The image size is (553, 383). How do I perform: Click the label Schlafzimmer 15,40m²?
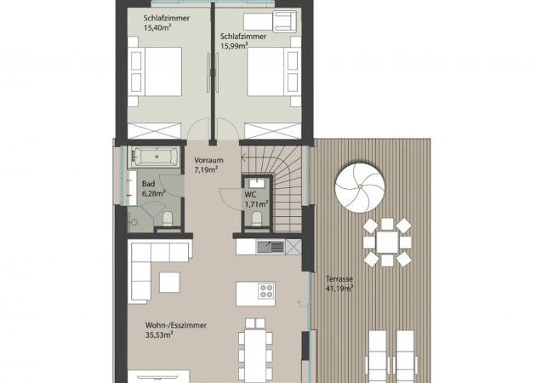(x=165, y=23)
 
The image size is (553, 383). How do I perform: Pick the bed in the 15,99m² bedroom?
(x=271, y=74)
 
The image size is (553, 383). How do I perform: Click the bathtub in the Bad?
(x=154, y=157)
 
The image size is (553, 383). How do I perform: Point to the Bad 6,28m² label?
(x=152, y=189)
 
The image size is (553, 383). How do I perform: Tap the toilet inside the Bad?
(x=168, y=220)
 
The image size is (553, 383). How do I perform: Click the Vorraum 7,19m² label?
(x=208, y=165)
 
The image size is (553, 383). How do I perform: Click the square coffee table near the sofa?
(x=169, y=281)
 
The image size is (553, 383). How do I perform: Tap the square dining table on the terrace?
(x=387, y=242)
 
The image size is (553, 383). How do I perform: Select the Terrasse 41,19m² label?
(x=339, y=283)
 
